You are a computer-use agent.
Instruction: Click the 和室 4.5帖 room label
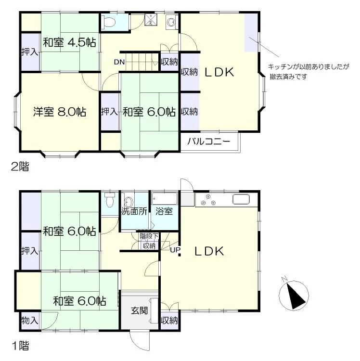pos(69,42)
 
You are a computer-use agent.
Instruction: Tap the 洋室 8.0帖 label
pos(60,112)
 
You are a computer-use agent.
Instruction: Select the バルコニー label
pos(209,141)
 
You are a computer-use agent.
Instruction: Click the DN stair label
pos(119,62)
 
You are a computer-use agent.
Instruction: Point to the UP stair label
pos(175,250)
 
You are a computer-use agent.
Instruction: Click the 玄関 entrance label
pos(139,311)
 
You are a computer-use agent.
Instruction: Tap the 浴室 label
pos(164,211)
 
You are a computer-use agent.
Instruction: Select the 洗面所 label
pos(134,211)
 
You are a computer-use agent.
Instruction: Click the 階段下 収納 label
pos(149,241)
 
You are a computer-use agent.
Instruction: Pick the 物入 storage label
pos(30,320)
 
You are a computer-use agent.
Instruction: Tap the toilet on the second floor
pos(108,22)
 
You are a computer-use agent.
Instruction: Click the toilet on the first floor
pos(110,200)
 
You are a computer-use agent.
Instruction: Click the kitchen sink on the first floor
pos(241,199)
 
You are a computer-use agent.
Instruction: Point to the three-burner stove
pos(208,200)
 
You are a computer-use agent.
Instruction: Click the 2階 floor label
pos(20,167)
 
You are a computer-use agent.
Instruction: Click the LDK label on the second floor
pos(219,72)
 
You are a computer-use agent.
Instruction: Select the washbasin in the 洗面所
pos(129,202)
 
